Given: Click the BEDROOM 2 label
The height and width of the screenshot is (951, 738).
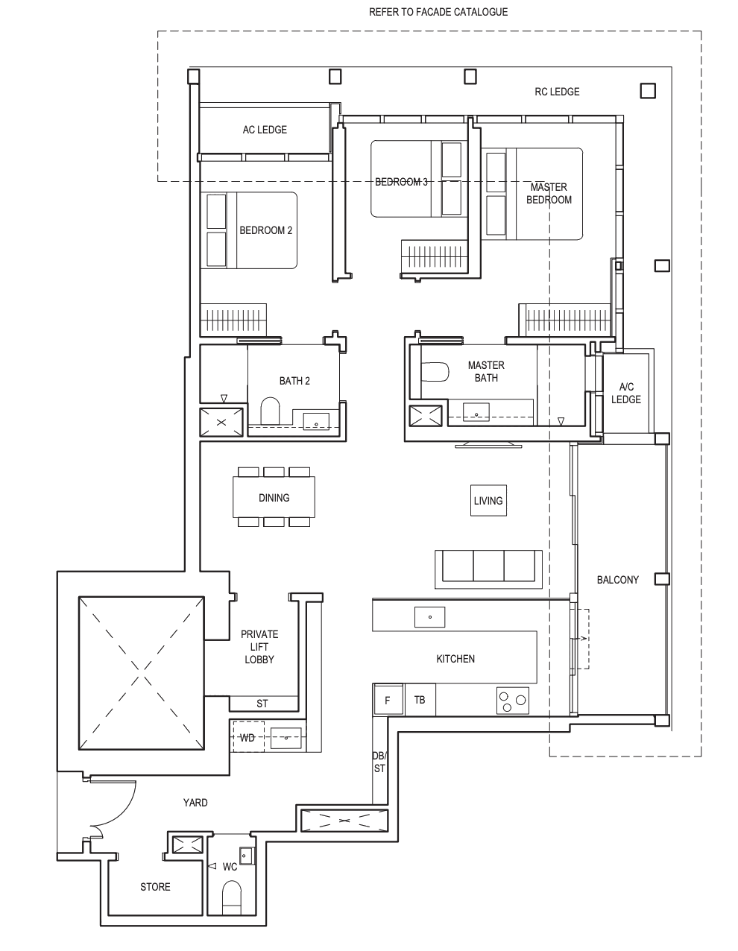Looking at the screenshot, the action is coord(265,230).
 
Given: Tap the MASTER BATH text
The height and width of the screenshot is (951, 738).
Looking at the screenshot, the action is coord(486,371).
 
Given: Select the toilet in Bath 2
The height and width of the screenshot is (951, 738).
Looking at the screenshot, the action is coord(270,411).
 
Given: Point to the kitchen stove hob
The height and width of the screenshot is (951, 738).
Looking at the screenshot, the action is coord(513,700).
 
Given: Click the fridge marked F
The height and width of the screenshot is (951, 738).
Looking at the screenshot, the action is coord(388,700).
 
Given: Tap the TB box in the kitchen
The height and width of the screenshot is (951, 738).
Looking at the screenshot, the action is coord(420,700).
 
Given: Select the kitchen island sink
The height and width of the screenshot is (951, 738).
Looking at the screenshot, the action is coord(429,617).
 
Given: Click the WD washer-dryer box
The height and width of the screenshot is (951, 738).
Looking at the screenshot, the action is coord(248,737).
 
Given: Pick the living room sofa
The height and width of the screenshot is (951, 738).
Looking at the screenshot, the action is coord(488,569).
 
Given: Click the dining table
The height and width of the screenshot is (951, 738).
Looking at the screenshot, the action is coord(274,497).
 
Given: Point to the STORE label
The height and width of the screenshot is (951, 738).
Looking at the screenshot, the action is coord(155,887).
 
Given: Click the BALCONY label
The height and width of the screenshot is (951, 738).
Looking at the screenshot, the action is coord(618,580).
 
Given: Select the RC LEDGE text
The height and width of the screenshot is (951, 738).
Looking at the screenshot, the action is coord(557,92).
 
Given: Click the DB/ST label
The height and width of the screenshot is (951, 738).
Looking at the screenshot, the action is coord(379,762).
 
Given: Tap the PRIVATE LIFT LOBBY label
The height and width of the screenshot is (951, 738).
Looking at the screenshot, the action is coord(259,646).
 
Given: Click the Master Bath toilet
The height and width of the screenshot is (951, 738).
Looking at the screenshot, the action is coord(435,372).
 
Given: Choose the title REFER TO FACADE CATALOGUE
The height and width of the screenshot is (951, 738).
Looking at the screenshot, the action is coord(438,12).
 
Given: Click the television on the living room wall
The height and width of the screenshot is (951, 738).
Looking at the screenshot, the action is coord(488,445).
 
